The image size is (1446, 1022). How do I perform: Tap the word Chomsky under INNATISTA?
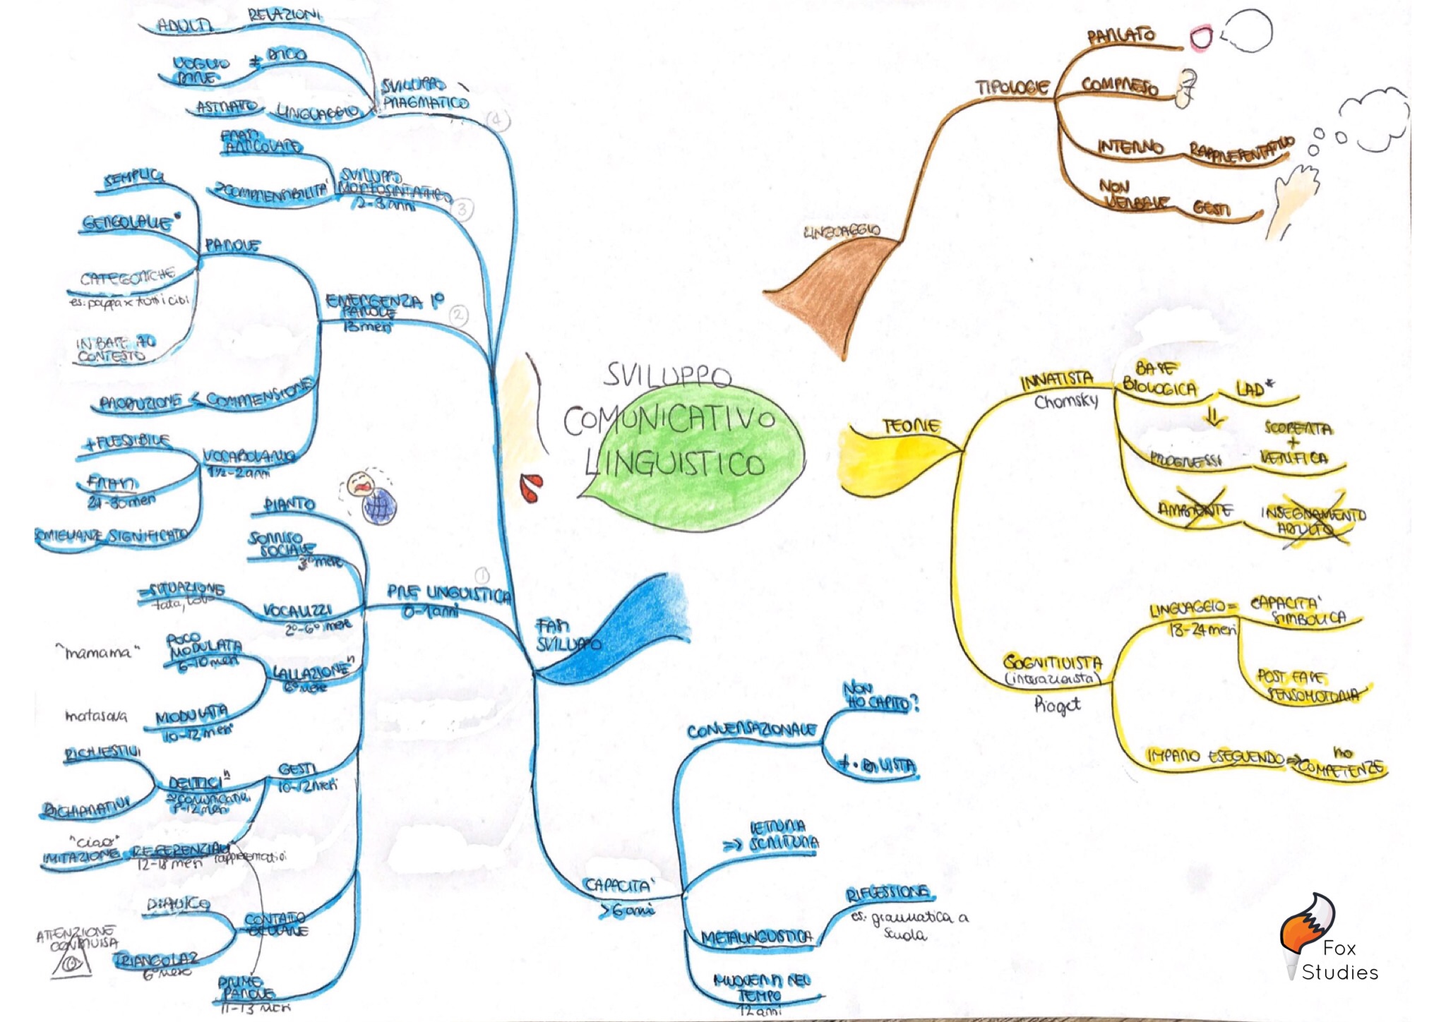coord(1066,402)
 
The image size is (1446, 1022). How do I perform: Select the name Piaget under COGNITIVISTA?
coord(1057,704)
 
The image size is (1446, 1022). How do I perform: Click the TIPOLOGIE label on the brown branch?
coord(1012,88)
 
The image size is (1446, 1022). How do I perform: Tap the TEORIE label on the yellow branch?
coord(911,426)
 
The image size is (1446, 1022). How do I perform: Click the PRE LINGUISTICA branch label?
coord(448,594)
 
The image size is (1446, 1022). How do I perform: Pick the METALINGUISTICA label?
coord(756,937)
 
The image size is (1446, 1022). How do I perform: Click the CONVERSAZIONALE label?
coord(751,731)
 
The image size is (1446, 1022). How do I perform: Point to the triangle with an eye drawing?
coord(71,963)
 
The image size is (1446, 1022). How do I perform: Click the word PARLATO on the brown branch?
coord(1121,36)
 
